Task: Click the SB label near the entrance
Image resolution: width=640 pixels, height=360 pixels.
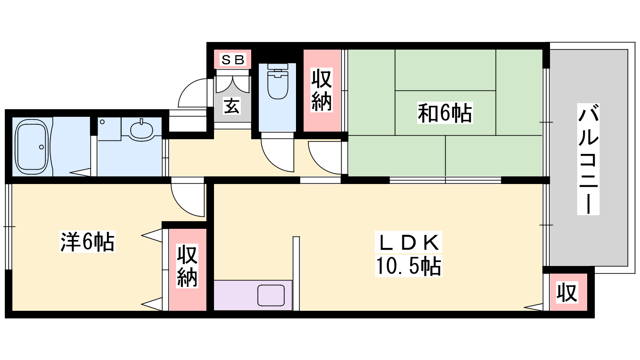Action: (233, 60)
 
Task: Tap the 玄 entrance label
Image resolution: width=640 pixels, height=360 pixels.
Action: (232, 106)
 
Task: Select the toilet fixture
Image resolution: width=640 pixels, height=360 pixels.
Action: (278, 81)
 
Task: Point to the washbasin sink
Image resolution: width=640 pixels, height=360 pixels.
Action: (142, 130)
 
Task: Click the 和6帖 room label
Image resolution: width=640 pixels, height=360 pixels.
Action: (445, 113)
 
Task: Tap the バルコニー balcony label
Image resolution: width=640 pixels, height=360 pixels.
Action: (588, 159)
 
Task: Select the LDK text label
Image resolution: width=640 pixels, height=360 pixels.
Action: (409, 242)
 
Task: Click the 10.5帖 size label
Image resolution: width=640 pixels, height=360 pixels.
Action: (408, 266)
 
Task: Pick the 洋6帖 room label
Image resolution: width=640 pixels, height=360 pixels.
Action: (88, 242)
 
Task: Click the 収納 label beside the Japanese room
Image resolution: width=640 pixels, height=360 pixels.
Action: (322, 90)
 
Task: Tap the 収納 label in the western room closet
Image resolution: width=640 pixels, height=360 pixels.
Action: (187, 266)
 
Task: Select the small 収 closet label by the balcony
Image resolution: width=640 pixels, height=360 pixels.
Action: (567, 292)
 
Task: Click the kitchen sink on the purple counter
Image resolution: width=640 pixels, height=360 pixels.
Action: (271, 295)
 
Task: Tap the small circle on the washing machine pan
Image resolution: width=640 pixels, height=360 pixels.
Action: (102, 122)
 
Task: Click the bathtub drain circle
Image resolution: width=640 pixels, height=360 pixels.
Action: (42, 147)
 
